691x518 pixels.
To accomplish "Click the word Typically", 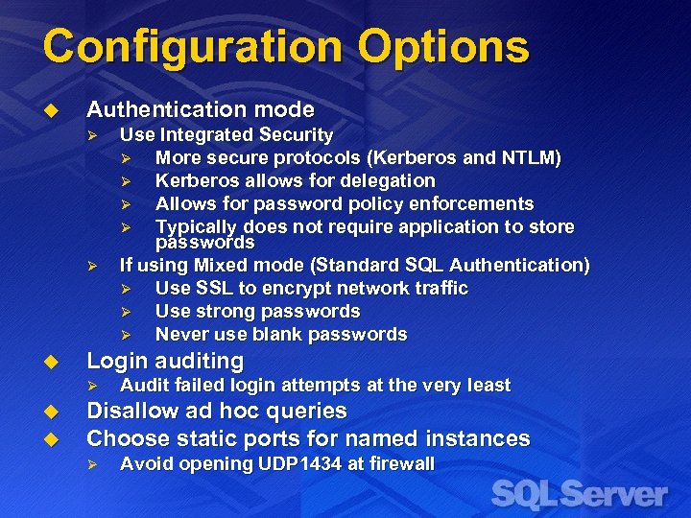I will click(x=197, y=226).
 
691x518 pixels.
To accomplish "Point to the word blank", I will click(x=266, y=334).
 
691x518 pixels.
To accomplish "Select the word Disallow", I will click(x=132, y=412).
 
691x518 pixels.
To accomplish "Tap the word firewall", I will click(x=397, y=464).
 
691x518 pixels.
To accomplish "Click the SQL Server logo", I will click(x=579, y=493).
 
